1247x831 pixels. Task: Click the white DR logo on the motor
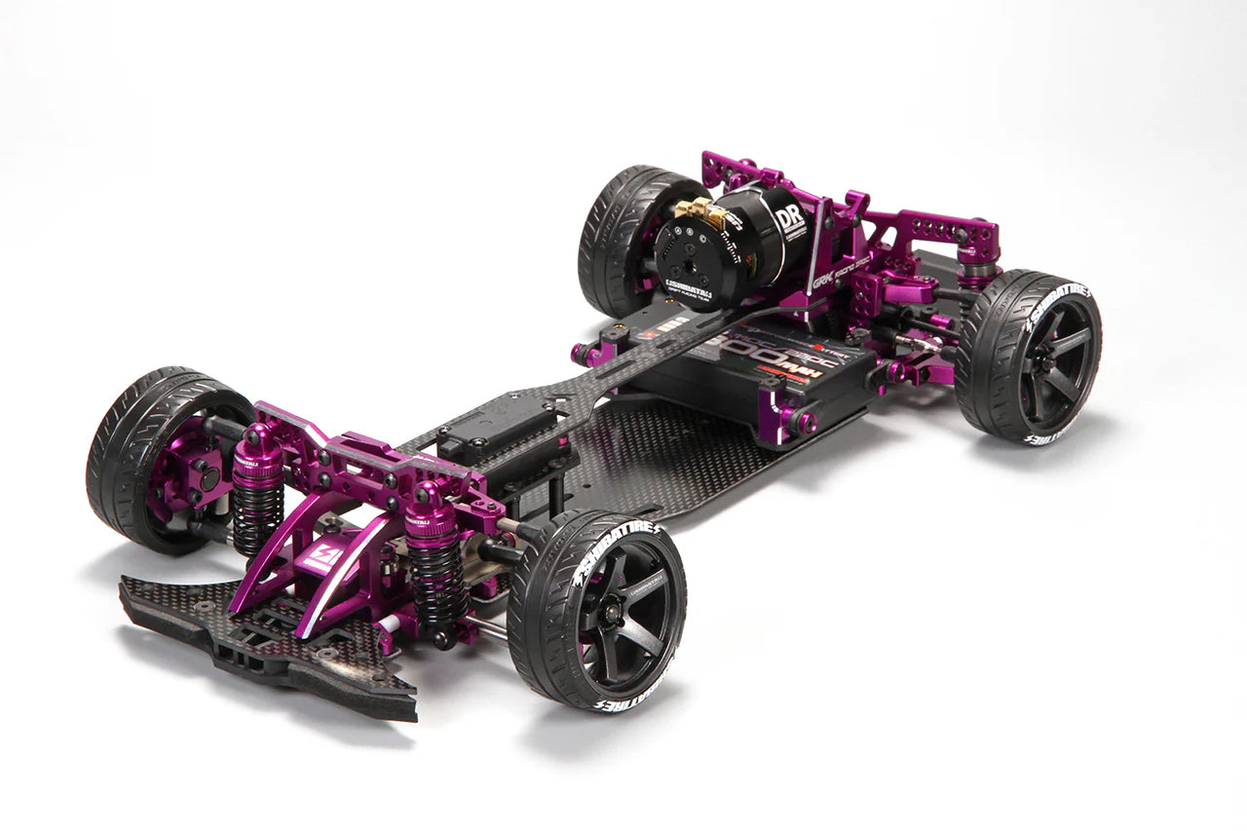pos(791,217)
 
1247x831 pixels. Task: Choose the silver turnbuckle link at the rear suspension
pos(911,341)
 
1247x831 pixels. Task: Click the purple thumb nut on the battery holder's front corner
pos(805,421)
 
